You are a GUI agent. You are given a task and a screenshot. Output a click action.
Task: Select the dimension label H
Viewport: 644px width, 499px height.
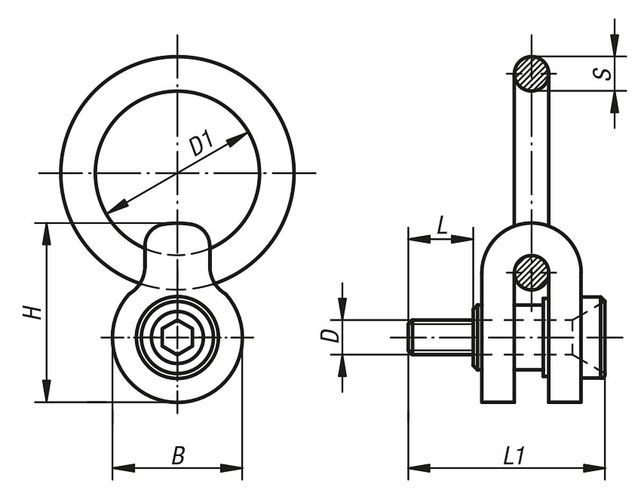coord(33,312)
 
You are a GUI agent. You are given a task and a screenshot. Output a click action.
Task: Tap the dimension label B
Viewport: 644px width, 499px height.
coord(178,456)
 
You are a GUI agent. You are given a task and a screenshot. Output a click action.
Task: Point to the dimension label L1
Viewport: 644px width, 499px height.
coord(514,456)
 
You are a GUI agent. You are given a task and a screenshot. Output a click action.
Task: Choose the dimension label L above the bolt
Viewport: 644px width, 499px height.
coord(442,226)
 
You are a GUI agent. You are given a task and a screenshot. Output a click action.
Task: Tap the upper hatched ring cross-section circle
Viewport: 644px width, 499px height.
coord(531,74)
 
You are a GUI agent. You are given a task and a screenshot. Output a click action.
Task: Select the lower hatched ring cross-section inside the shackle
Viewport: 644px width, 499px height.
coord(531,273)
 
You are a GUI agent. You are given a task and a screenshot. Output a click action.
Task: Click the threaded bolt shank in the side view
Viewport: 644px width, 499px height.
coord(440,337)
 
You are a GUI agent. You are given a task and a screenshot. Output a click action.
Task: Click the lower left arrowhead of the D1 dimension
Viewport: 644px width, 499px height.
coord(117,206)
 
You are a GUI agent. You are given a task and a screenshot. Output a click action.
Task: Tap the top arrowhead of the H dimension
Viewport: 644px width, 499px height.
coord(47,232)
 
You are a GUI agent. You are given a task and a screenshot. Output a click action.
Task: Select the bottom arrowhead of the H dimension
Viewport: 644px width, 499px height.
coord(47,392)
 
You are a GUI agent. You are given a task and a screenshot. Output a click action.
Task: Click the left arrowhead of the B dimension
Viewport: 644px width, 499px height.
coord(122,468)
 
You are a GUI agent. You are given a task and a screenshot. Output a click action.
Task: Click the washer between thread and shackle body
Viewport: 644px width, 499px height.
coord(475,337)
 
